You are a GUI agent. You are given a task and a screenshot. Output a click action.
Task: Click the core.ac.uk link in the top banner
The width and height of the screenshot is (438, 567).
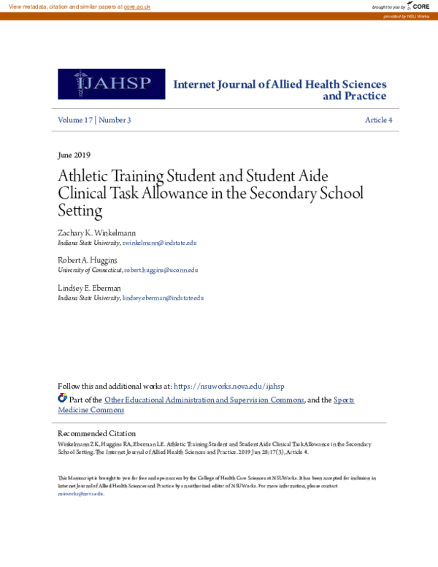click(x=137, y=6)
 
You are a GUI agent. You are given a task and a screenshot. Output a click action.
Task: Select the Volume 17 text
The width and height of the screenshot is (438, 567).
click(x=75, y=120)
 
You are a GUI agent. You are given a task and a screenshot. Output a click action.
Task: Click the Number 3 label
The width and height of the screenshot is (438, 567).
click(x=115, y=120)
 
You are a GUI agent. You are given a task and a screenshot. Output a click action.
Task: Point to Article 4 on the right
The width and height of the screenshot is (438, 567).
click(x=378, y=120)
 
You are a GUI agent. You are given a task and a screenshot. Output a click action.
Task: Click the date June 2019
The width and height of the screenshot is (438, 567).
click(x=74, y=155)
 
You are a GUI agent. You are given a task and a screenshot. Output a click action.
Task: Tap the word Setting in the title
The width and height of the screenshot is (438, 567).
click(x=80, y=211)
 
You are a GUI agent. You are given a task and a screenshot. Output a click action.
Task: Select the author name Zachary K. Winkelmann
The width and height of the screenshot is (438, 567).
click(x=96, y=233)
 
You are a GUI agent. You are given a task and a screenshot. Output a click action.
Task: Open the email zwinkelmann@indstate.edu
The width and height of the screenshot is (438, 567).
click(x=159, y=243)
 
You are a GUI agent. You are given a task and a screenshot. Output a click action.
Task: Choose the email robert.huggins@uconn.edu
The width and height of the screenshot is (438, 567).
click(x=161, y=270)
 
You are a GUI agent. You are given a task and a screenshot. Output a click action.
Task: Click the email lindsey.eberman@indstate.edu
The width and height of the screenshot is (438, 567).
click(x=163, y=297)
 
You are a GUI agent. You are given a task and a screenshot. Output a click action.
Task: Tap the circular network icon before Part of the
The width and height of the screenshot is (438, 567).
click(x=62, y=398)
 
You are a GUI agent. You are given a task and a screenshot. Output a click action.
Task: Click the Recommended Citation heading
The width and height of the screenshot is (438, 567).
click(x=96, y=433)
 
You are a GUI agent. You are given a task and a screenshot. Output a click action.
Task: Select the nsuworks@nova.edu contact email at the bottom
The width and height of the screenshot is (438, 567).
click(x=80, y=493)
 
